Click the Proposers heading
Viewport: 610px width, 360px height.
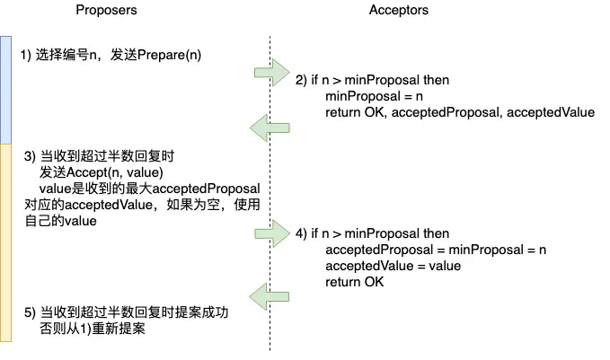(x=106, y=10)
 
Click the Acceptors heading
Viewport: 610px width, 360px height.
(x=398, y=10)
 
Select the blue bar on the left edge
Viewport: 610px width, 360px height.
(x=5, y=90)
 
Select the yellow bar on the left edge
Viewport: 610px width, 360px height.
(x=5, y=242)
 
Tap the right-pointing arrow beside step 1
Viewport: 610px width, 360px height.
(x=272, y=73)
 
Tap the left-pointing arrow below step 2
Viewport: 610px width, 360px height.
(x=270, y=127)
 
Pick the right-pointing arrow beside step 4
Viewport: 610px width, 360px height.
(x=272, y=233)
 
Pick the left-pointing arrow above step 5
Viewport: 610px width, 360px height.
(x=270, y=296)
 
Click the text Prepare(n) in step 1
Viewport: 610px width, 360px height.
(x=169, y=55)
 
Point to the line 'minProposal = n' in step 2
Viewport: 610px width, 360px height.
(x=374, y=96)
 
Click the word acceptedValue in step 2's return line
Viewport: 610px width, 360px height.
(x=551, y=112)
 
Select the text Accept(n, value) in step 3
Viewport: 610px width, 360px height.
(x=115, y=172)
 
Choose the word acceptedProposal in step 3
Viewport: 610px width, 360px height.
(x=206, y=189)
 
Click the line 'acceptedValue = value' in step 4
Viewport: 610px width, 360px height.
(x=393, y=266)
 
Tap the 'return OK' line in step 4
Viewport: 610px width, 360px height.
(x=354, y=282)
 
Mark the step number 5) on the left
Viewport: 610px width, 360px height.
(x=30, y=312)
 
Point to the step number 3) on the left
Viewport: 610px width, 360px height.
(x=30, y=156)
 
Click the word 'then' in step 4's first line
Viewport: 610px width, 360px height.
(x=436, y=233)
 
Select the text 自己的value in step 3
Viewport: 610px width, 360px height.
(x=61, y=221)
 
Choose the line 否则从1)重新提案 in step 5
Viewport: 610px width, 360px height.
(x=93, y=329)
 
